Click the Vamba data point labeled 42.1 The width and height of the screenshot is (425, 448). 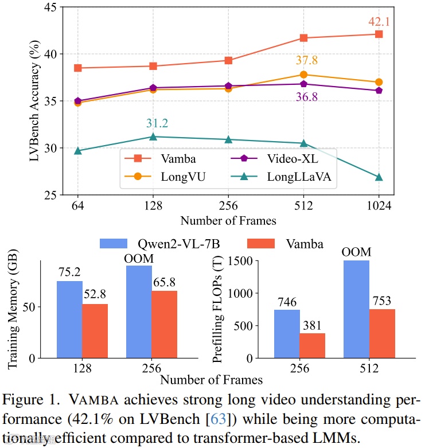click(379, 34)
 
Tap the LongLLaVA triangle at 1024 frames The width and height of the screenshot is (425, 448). click(379, 177)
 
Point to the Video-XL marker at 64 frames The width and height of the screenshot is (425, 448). click(78, 101)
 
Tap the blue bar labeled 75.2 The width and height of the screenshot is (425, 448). click(69, 320)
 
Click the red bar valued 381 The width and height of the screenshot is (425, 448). click(313, 345)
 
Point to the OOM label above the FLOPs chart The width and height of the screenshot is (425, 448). click(357, 252)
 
